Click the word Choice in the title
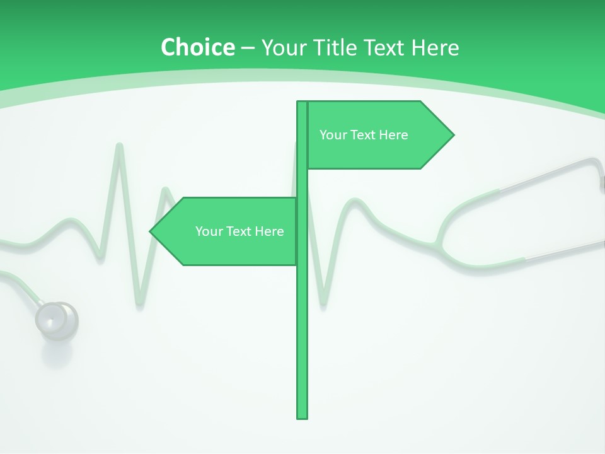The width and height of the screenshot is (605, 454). [197, 47]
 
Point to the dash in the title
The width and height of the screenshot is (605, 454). [248, 48]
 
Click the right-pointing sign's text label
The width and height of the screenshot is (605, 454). [364, 135]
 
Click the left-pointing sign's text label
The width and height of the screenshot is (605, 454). [239, 231]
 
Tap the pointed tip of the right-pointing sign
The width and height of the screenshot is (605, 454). [452, 135]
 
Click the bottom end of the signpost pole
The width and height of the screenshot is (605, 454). [302, 417]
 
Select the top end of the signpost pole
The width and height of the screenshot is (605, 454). [302, 103]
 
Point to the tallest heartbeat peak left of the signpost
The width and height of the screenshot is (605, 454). [118, 146]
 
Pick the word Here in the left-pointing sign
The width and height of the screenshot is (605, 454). [269, 231]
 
